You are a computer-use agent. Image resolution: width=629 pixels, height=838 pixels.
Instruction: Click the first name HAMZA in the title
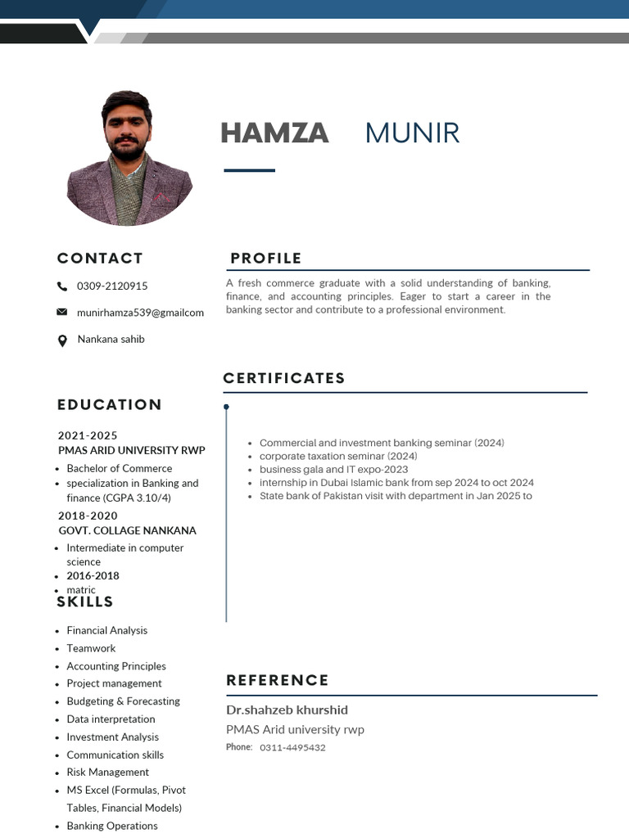pyautogui.click(x=274, y=133)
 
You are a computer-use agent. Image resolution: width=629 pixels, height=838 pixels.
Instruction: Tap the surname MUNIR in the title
pyautogui.click(x=412, y=133)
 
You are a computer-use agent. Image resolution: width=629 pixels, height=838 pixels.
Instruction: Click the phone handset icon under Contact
pyautogui.click(x=62, y=286)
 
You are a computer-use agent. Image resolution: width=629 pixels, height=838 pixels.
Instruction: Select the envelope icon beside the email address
pyautogui.click(x=62, y=312)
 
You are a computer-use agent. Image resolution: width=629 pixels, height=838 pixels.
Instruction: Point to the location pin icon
pyautogui.click(x=62, y=340)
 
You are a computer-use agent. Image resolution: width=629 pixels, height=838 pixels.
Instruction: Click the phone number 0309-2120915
pyautogui.click(x=112, y=286)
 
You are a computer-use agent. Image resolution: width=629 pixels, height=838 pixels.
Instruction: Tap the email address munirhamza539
pyautogui.click(x=140, y=313)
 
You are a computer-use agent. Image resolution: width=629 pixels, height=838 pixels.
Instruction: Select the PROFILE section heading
pyautogui.click(x=266, y=259)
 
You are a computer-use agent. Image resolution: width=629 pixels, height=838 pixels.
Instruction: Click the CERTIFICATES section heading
pyautogui.click(x=284, y=378)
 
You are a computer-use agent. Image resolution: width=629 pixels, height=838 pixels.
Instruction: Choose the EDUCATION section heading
pyautogui.click(x=110, y=404)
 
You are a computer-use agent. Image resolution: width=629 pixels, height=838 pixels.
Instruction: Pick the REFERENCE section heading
pyautogui.click(x=278, y=680)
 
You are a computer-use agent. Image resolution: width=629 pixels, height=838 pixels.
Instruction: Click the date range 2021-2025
pyautogui.click(x=88, y=435)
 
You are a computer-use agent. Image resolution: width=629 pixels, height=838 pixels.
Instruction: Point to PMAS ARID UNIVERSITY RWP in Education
pyautogui.click(x=132, y=450)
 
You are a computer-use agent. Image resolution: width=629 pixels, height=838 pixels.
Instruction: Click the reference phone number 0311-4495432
pyautogui.click(x=292, y=747)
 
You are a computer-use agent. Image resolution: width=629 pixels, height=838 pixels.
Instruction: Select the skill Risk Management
pyautogui.click(x=108, y=772)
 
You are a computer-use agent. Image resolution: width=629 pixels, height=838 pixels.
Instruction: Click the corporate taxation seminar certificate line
pyautogui.click(x=338, y=456)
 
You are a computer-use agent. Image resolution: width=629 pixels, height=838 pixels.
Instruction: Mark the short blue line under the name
pyautogui.click(x=250, y=170)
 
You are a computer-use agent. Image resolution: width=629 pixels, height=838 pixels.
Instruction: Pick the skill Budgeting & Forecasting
pyautogui.click(x=124, y=701)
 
